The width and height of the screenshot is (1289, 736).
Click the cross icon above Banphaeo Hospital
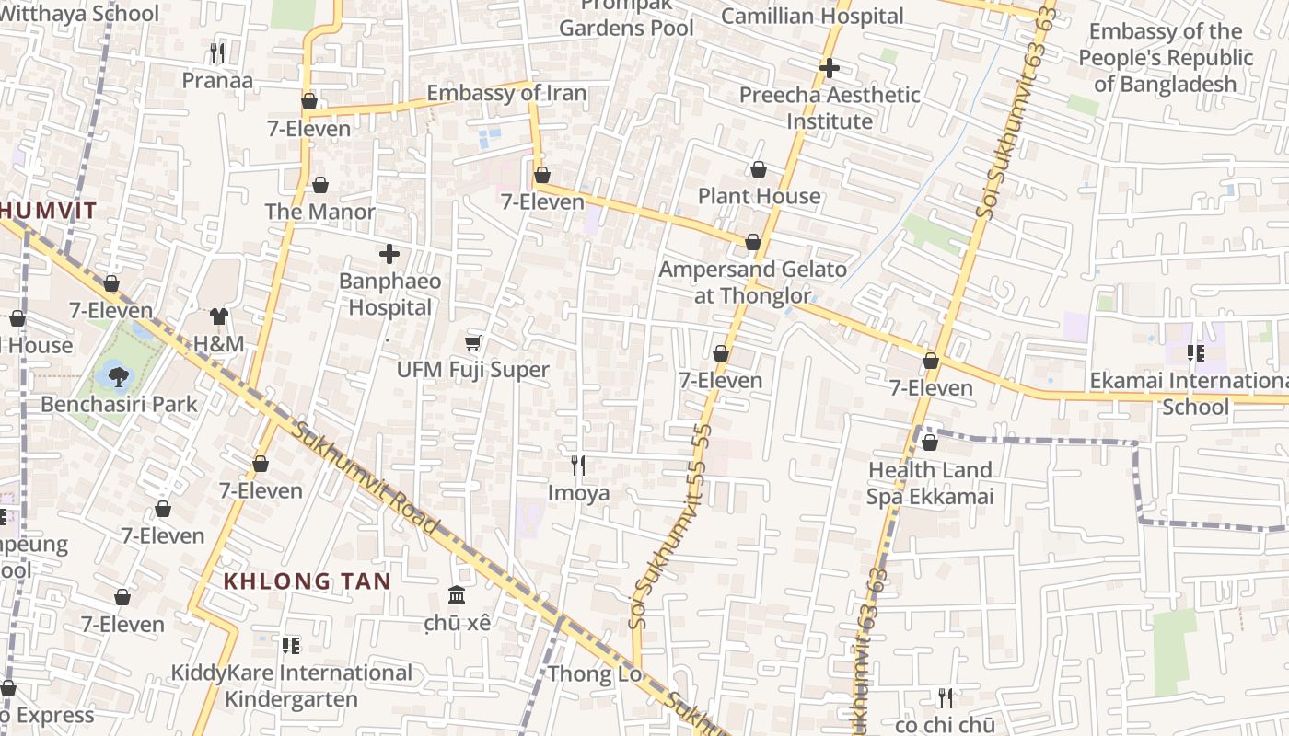[389, 254]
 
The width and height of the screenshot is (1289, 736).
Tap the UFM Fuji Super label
[472, 370]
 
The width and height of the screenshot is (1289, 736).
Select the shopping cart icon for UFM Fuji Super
[473, 343]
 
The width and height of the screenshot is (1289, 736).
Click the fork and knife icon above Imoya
[578, 466]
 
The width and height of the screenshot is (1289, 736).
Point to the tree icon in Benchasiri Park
[117, 375]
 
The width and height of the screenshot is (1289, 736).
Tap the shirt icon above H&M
[218, 317]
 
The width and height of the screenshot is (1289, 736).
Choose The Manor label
[319, 212]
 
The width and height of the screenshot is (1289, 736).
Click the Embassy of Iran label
[505, 93]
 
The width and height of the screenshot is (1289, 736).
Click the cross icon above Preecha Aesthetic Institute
[830, 68]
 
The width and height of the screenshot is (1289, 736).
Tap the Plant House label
[759, 196]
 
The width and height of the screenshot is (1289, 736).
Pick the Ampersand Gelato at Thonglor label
[752, 282]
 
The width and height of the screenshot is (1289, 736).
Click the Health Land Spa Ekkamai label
[930, 483]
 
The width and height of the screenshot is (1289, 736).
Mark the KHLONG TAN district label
[308, 581]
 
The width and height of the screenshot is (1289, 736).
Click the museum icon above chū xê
[457, 595]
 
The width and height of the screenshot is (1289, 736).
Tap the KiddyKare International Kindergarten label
[291, 686]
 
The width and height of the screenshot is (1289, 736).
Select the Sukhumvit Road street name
[366, 477]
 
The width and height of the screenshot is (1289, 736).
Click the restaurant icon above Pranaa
[217, 53]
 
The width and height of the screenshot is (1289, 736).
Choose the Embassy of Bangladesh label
[1165, 58]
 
